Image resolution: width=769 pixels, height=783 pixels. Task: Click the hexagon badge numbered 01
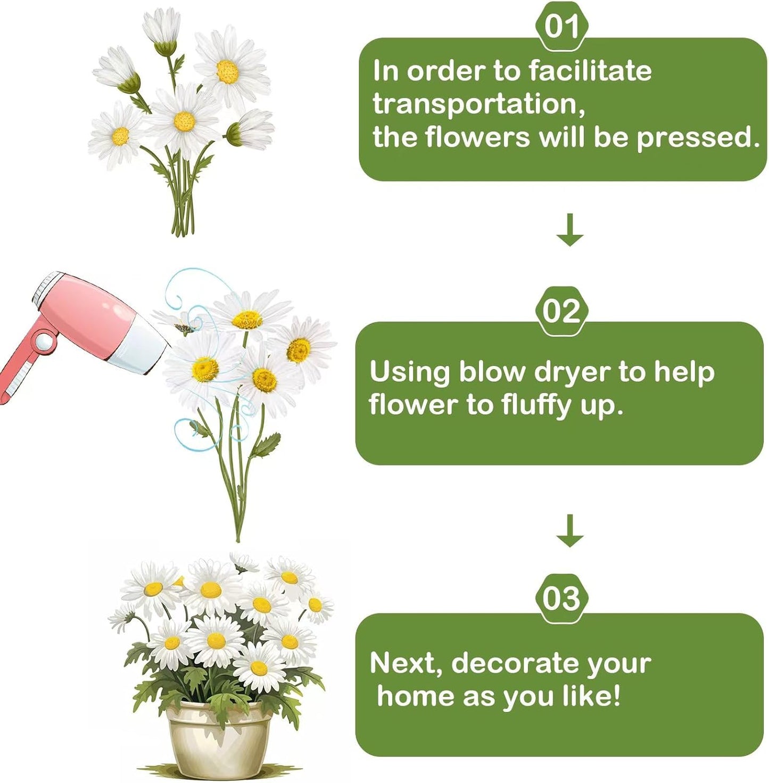(562, 27)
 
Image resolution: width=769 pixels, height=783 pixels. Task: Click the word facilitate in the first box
(590, 71)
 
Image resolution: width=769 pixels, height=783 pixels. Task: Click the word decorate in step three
(513, 663)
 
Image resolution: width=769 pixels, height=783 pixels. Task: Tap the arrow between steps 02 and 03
(569, 531)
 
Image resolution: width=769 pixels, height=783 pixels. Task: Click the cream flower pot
(219, 739)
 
